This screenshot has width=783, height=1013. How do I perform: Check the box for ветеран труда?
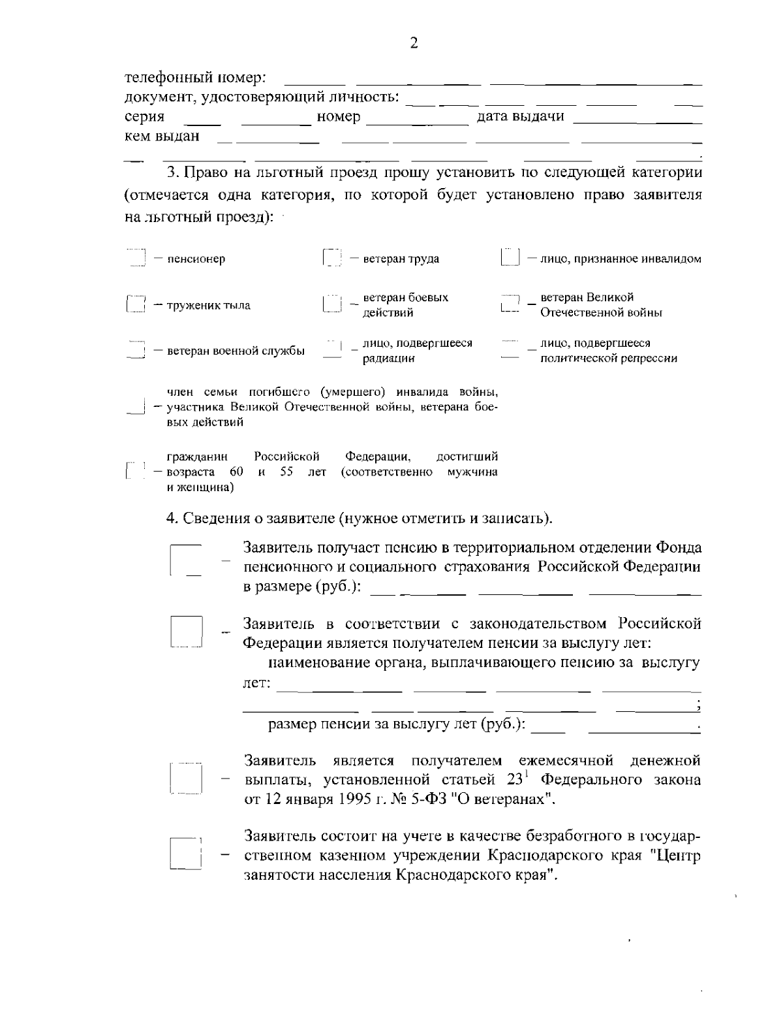pos(332,258)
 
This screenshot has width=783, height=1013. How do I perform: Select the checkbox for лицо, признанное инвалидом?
pos(509,258)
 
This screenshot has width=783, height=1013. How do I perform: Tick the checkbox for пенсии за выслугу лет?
pos(187,632)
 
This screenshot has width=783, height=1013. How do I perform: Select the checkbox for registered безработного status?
pos(187,853)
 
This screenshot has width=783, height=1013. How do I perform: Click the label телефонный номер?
pos(194,78)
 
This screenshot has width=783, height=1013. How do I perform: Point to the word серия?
pos(144,117)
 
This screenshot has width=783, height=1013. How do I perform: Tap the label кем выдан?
pos(162,137)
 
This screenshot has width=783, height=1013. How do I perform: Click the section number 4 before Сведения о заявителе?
pos(171,519)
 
